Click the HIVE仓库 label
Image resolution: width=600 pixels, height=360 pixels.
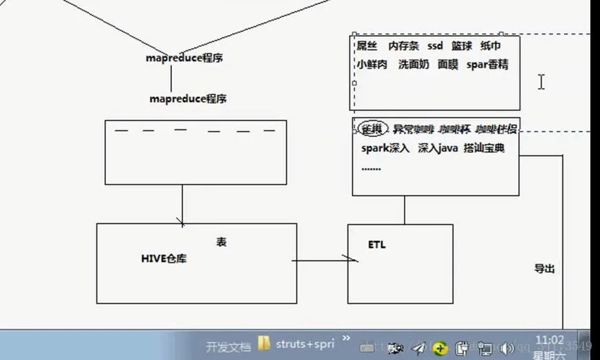coord(164,259)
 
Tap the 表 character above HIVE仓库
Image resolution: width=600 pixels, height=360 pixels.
coord(221,242)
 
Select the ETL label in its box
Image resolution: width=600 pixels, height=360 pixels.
coord(377,244)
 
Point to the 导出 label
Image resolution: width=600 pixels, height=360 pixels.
coord(544,269)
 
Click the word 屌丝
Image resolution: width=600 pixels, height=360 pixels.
coord(367,46)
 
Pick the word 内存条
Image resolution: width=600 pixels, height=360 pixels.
coord(403,46)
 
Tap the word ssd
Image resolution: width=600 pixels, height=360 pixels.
coord(435,46)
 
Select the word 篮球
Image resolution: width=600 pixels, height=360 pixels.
coord(462,46)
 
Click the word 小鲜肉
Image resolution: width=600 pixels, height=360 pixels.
coord(372,65)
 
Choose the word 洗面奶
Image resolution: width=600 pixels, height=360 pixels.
coord(414,65)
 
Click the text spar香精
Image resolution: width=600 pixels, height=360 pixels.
coord(487,65)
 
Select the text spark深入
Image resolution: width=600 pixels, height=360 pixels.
coord(385,148)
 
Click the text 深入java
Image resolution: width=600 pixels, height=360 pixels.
coord(436,148)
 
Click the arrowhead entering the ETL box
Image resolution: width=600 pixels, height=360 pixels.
coord(352,260)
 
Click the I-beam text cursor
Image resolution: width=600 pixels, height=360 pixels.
coord(542,82)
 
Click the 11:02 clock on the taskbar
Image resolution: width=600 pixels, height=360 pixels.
coord(550,340)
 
